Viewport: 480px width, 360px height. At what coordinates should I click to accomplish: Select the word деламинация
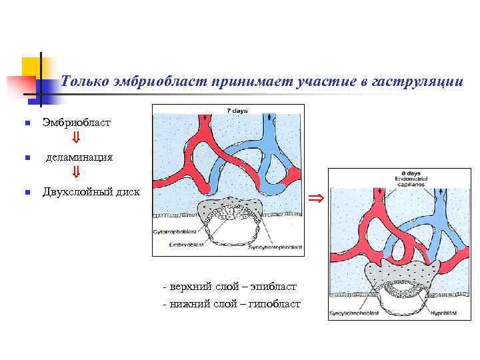coord(79,158)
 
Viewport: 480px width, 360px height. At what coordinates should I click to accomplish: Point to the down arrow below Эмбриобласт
coord(76,139)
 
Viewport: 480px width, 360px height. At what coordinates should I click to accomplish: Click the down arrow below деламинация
coord(76,174)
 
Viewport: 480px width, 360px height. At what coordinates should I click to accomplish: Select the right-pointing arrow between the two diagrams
coord(317,197)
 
